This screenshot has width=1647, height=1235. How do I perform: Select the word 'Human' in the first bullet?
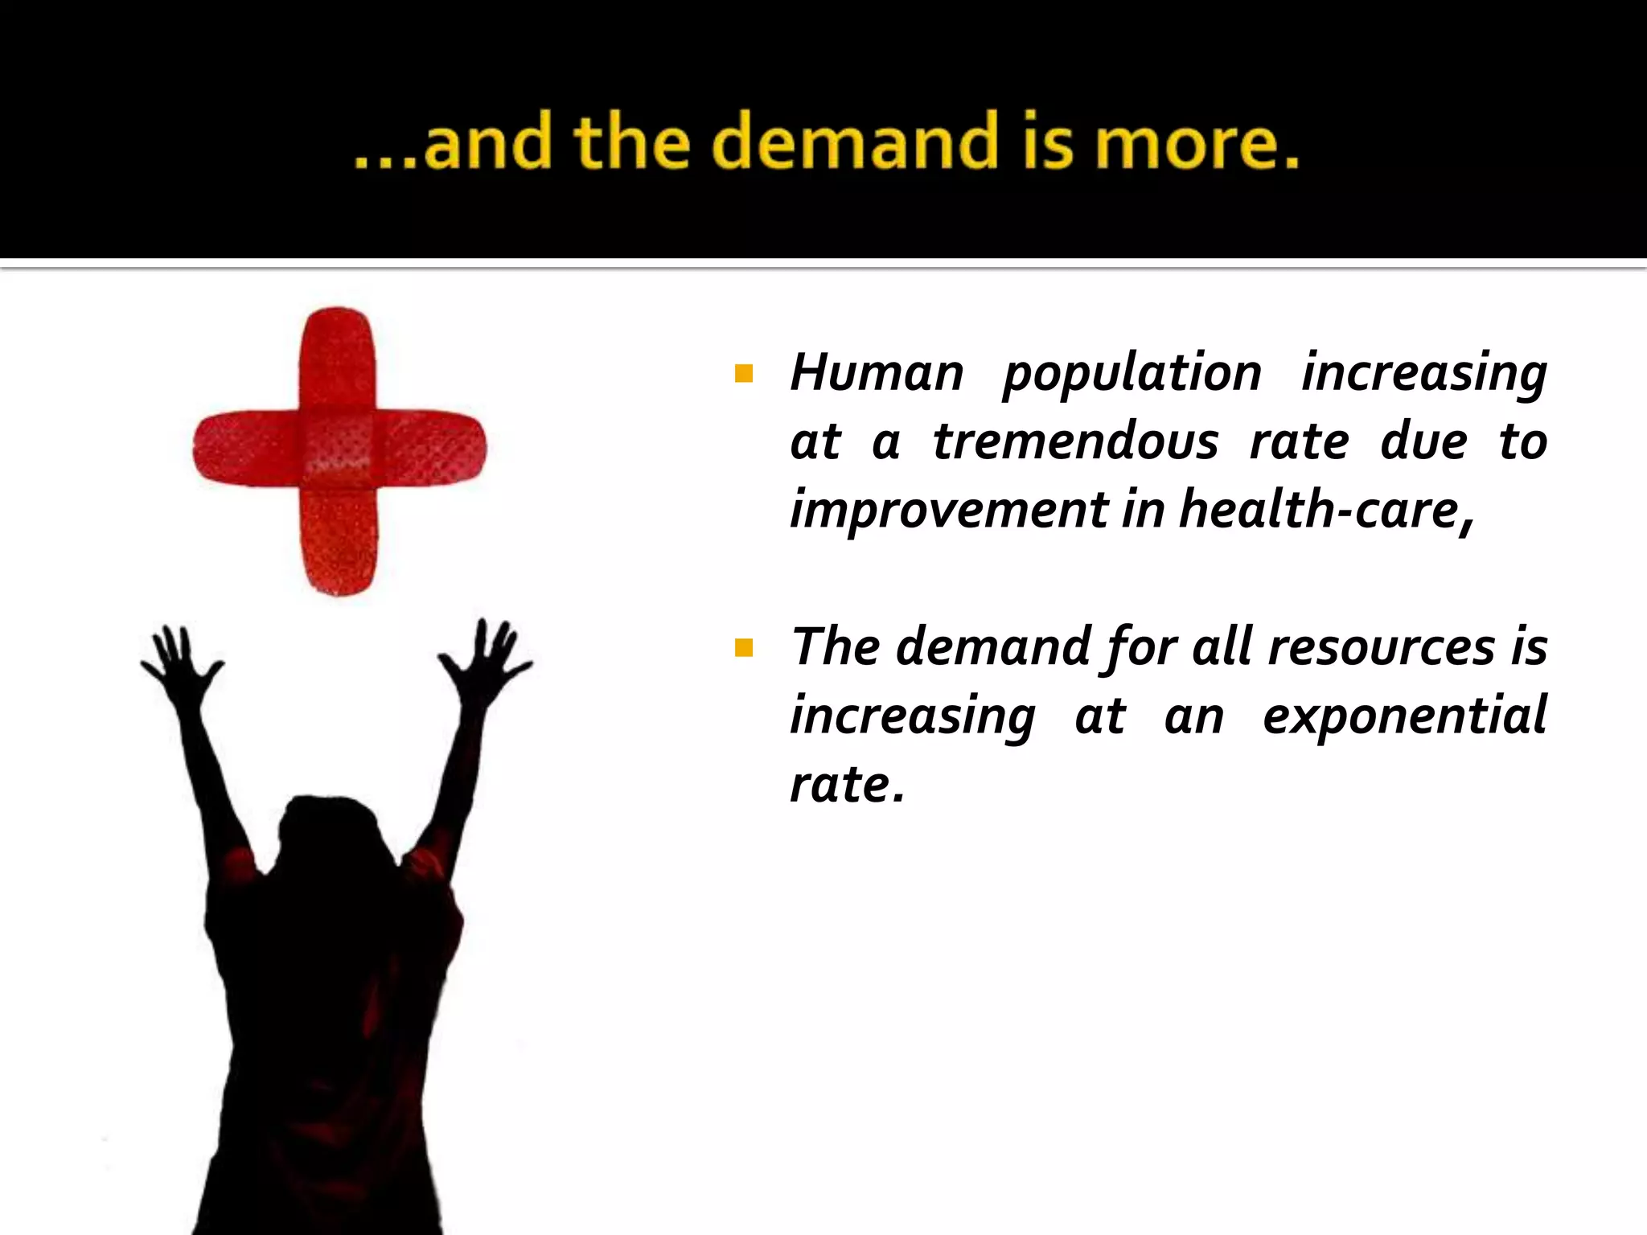point(877,373)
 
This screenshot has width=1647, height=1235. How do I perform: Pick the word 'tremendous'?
point(1075,441)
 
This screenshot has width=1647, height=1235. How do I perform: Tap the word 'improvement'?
point(949,510)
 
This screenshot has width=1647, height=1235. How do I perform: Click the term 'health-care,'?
point(1327,510)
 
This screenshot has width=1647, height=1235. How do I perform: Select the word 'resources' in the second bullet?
point(1381,646)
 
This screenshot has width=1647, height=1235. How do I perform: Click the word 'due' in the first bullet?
point(1423,441)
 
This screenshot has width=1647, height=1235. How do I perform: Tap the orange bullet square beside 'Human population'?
point(744,374)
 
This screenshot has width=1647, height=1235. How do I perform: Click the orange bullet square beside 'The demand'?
point(744,647)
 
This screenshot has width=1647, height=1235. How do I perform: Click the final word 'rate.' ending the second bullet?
point(847,785)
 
